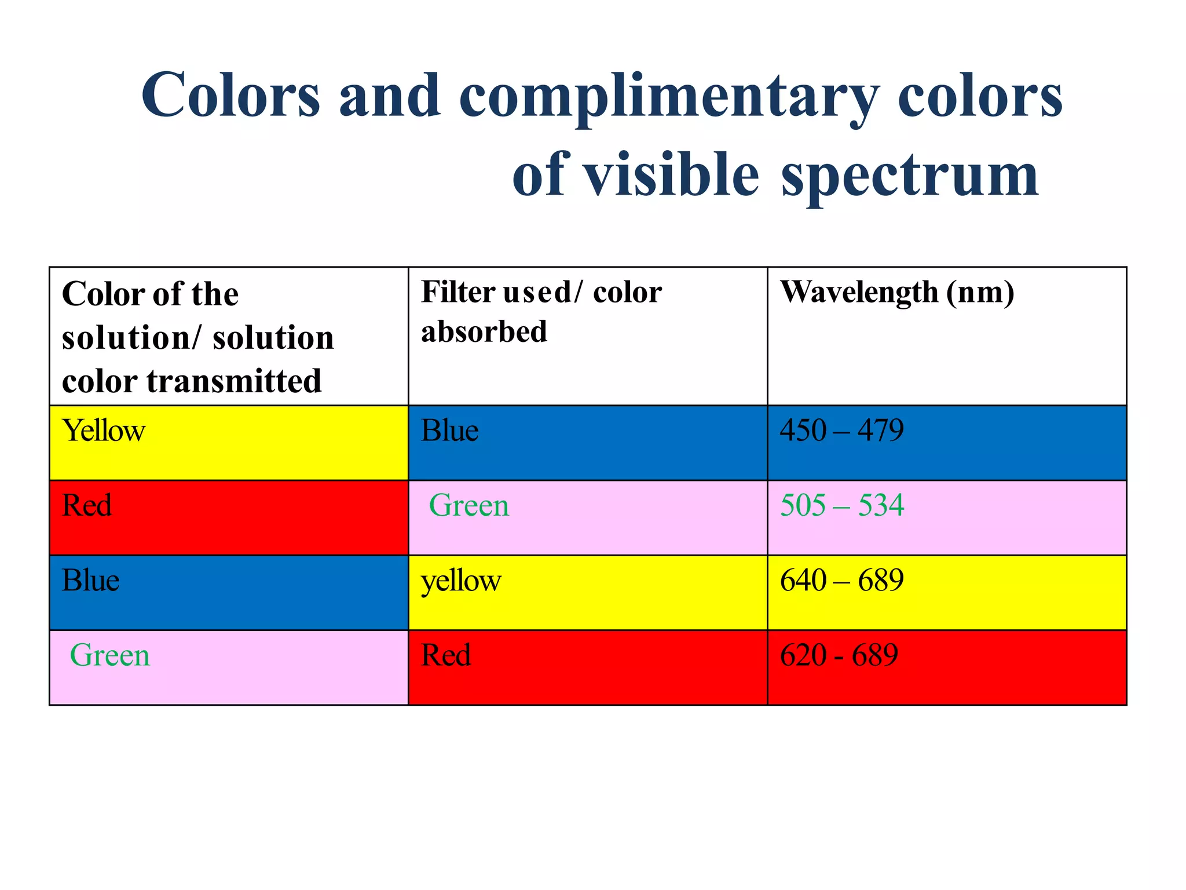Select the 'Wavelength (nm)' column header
click(x=897, y=292)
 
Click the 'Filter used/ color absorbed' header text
click(x=541, y=311)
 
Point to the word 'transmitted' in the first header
click(x=234, y=381)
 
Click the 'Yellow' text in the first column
click(x=104, y=431)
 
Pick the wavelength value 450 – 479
click(x=841, y=431)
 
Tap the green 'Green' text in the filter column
click(x=469, y=505)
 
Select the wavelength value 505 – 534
click(x=841, y=505)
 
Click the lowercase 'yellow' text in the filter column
click(x=461, y=581)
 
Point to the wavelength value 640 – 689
click(x=841, y=580)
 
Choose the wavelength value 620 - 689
click(x=839, y=655)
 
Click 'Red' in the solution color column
click(x=87, y=505)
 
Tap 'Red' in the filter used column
click(x=446, y=655)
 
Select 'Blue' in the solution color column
click(x=91, y=580)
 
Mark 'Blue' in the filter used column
click(x=450, y=431)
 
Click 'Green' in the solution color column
click(x=110, y=655)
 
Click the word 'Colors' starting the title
click(x=230, y=96)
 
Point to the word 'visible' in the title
click(x=670, y=174)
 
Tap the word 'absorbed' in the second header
click(x=484, y=332)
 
